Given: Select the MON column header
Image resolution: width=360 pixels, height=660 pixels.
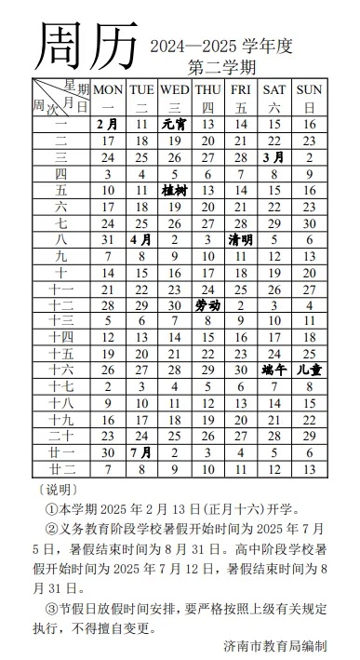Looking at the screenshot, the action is [108, 89].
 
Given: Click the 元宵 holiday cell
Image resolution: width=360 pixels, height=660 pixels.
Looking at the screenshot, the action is [174, 123].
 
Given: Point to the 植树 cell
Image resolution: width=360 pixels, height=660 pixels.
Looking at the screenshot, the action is [174, 190].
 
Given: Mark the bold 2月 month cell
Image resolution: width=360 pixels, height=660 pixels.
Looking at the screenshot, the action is [108, 123].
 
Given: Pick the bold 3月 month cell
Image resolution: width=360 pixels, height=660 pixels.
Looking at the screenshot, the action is [275, 156].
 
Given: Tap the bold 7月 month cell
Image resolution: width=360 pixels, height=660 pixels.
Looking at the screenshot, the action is [141, 453].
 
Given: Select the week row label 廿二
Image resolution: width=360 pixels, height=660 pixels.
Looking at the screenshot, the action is [62, 470].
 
